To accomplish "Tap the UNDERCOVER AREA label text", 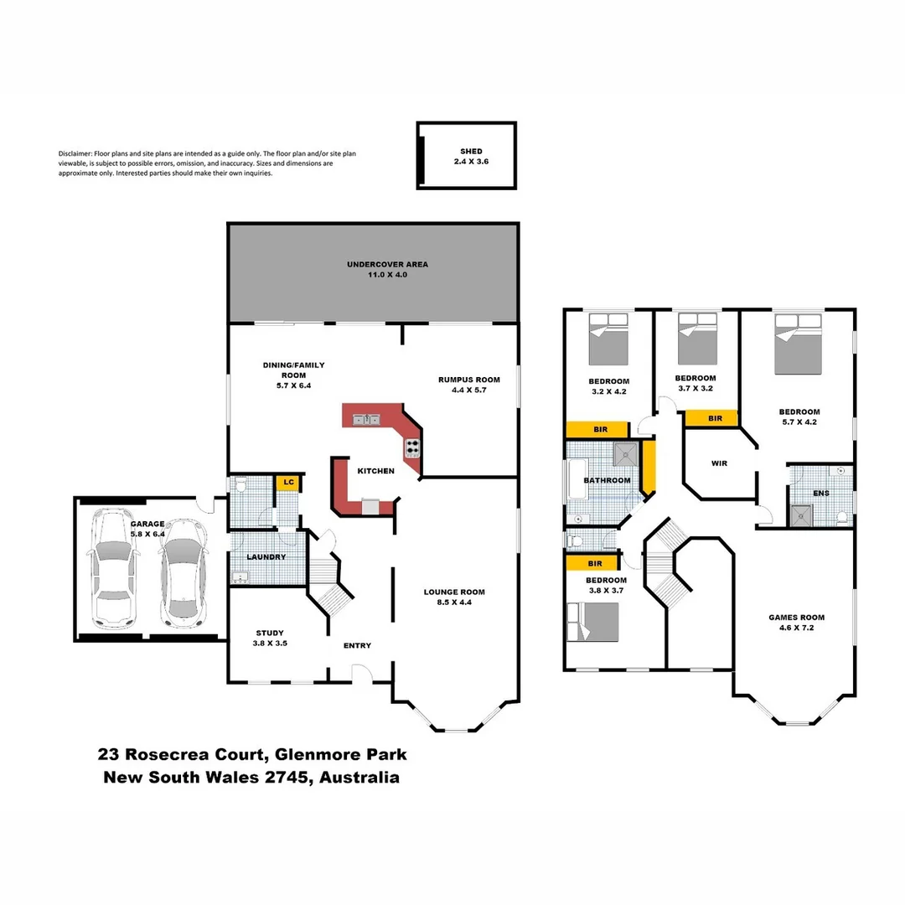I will pyautogui.click(x=387, y=264).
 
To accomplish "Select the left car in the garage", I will pyautogui.click(x=114, y=569).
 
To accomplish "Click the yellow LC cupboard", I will pyautogui.click(x=288, y=483).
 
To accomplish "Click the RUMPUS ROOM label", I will pyautogui.click(x=457, y=380).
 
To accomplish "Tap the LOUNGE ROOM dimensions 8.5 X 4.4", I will pyautogui.click(x=453, y=602).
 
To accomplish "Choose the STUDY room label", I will pyautogui.click(x=270, y=633).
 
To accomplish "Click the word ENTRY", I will pyautogui.click(x=357, y=645).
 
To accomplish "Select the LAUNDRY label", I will pyautogui.click(x=266, y=557).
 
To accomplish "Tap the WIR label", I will pyautogui.click(x=718, y=463).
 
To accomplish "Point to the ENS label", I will pyautogui.click(x=820, y=494).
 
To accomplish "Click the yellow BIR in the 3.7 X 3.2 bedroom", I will pyautogui.click(x=715, y=418).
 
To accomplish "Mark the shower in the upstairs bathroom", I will pyautogui.click(x=625, y=453).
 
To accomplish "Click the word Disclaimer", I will pyautogui.click(x=75, y=154).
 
